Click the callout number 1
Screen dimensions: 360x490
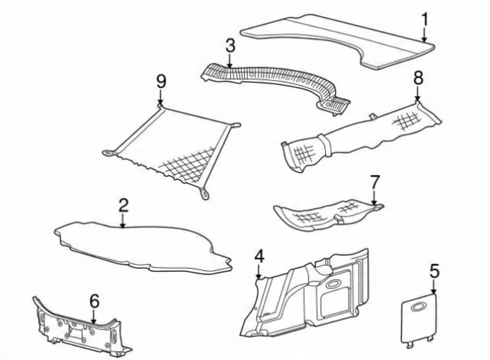(425, 19)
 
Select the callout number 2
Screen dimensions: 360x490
(123, 206)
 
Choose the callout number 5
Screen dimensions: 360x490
(434, 272)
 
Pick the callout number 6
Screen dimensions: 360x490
(94, 302)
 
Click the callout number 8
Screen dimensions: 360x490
(418, 78)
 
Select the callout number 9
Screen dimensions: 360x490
(161, 81)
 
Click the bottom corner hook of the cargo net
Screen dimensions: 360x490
(205, 193)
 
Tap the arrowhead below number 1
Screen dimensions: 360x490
(424, 39)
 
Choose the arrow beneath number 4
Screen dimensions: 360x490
(259, 275)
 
